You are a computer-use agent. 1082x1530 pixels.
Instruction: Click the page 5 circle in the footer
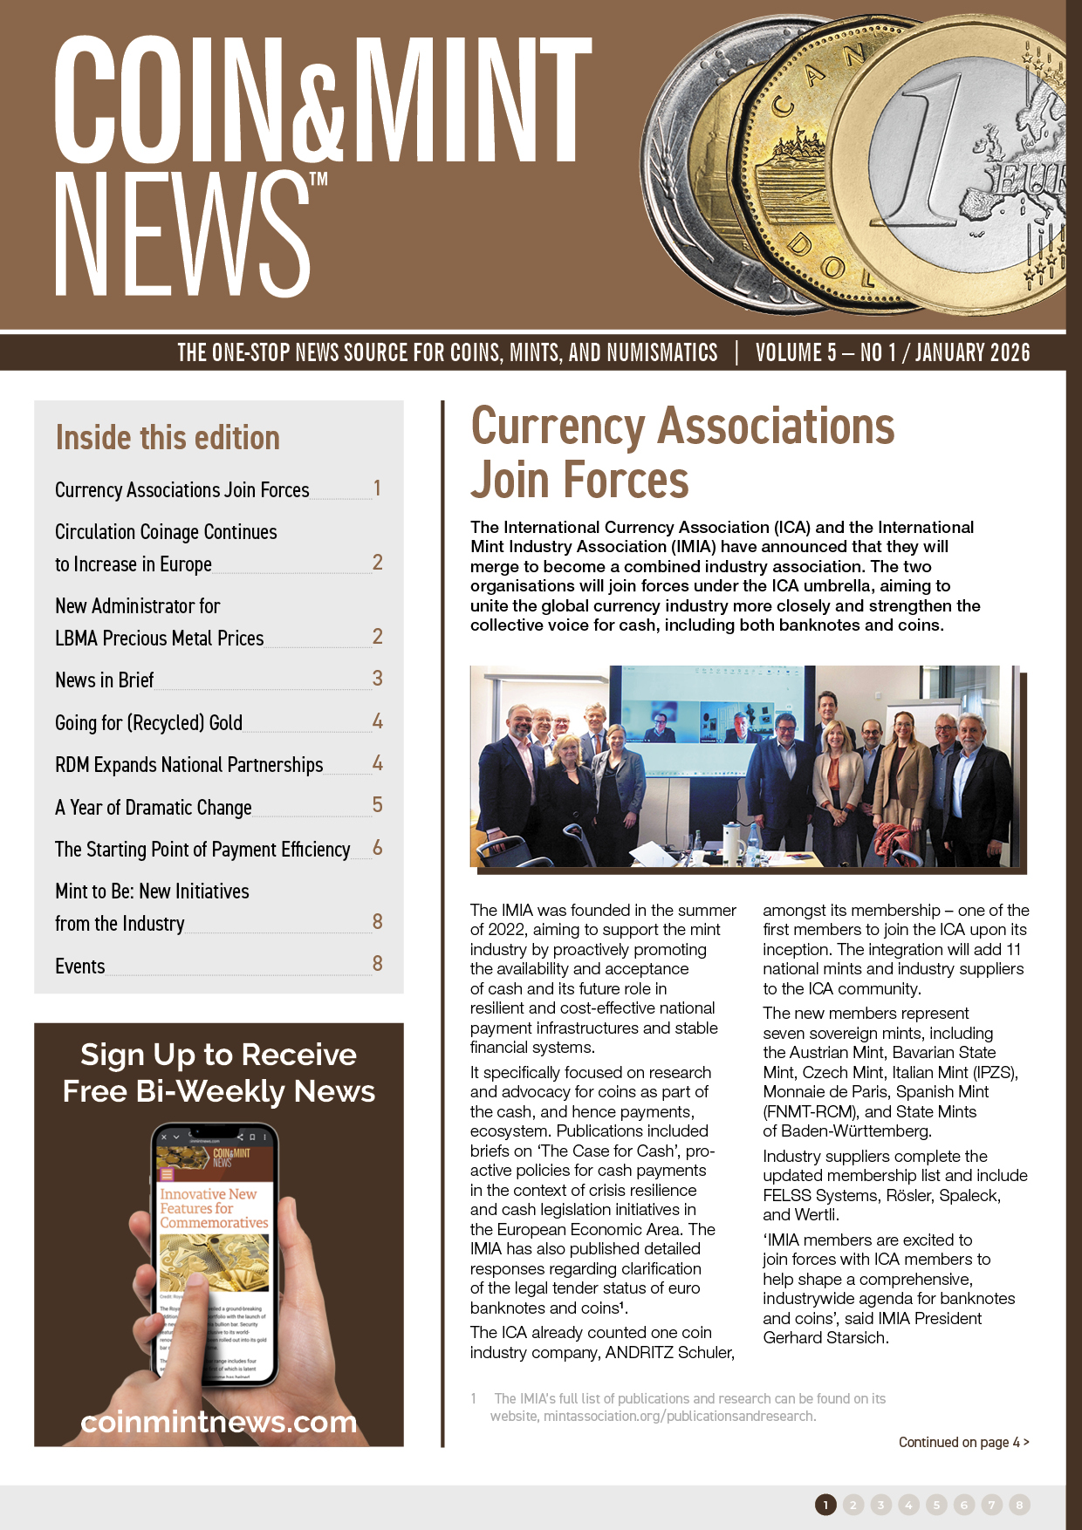(936, 1505)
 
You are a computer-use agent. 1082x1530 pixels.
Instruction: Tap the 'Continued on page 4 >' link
(963, 1442)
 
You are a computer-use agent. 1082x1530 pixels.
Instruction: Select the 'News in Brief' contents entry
(104, 680)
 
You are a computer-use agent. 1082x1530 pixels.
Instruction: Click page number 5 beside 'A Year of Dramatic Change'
(377, 805)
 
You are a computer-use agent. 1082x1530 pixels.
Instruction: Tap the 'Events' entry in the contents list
(79, 966)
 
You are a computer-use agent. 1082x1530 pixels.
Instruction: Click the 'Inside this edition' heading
(168, 438)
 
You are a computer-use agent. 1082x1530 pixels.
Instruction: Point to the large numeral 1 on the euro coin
(933, 148)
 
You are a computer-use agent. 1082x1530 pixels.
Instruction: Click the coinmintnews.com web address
(219, 1422)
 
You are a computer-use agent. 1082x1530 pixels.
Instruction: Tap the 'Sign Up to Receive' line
(219, 1055)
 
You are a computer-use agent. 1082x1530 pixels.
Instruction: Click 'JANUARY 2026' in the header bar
(972, 352)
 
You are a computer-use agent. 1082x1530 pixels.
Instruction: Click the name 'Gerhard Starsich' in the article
(825, 1338)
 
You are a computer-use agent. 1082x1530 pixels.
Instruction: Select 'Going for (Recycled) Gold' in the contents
(148, 723)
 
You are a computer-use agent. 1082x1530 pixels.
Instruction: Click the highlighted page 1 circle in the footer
(825, 1505)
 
